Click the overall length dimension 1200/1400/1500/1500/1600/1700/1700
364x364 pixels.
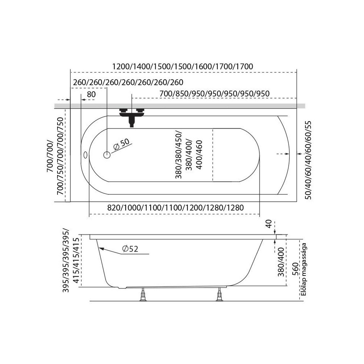[x=182, y=67]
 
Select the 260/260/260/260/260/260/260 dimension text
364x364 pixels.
[x=128, y=82]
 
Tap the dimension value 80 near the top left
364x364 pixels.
[x=91, y=94]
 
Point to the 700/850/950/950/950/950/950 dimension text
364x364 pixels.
[x=214, y=94]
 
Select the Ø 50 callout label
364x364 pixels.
[x=121, y=145]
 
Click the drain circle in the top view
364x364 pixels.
[x=107, y=155]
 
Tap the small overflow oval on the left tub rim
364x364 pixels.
[x=86, y=155]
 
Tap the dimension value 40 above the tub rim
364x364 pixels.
[x=269, y=224]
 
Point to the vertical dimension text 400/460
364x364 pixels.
[x=199, y=155]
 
